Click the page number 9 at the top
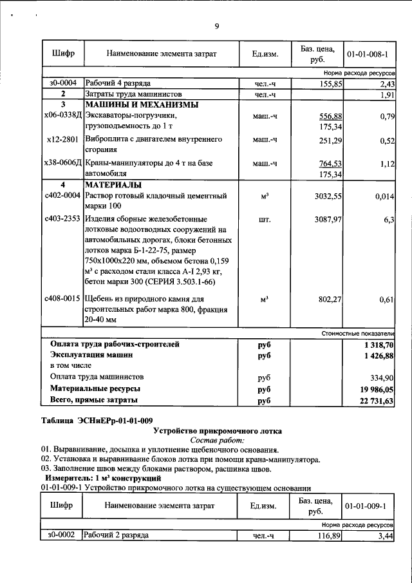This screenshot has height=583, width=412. (x=217, y=26)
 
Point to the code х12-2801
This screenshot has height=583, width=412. (x=63, y=139)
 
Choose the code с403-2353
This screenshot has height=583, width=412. (x=62, y=220)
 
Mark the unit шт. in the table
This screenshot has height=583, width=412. (x=264, y=220)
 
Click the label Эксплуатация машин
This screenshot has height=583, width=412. (x=92, y=355)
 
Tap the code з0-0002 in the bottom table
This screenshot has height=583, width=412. (x=62, y=535)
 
